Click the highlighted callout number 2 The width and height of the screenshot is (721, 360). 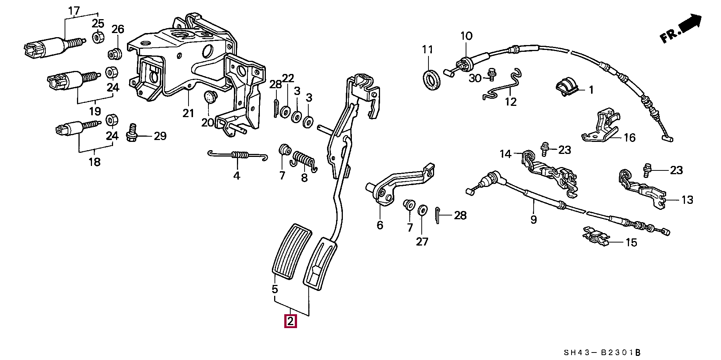[x=290, y=322]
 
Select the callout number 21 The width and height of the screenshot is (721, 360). [x=189, y=113]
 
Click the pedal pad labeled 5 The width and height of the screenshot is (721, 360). [x=291, y=252]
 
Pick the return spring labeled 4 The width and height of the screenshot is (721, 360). [x=238, y=155]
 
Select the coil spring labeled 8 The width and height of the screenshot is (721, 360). [x=304, y=162]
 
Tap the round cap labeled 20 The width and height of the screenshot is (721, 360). [x=211, y=97]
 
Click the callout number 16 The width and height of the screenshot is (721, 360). [x=629, y=138]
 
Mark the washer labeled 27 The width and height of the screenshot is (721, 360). [x=422, y=210]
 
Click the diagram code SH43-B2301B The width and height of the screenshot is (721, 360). [x=602, y=352]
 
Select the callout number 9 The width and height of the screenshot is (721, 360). [x=534, y=220]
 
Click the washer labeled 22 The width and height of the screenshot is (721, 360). [x=285, y=111]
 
